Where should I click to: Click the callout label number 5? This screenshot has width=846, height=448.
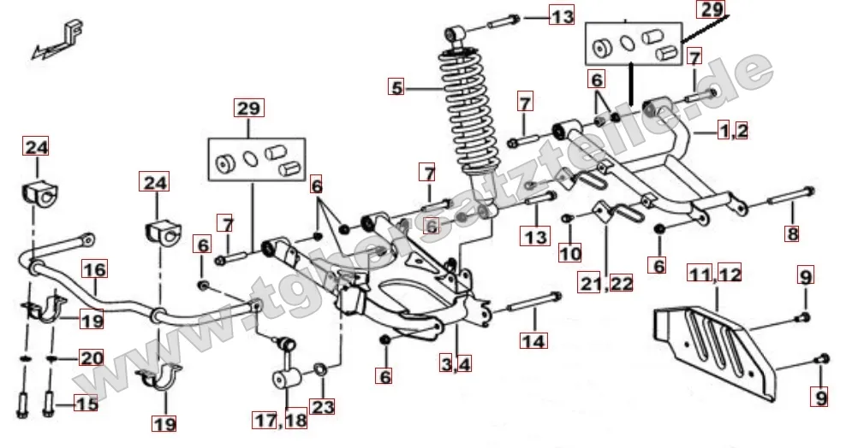coord(395,86)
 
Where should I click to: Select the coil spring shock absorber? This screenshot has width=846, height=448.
coord(464,120)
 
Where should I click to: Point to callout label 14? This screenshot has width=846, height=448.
coord(533,340)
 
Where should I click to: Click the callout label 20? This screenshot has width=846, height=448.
coord(91,358)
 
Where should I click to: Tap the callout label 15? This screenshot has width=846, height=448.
coord(86,404)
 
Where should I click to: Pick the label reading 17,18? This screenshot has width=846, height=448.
coord(278,420)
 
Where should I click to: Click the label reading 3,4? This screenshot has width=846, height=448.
coord(456,364)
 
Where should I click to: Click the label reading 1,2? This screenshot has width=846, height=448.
coord(733,131)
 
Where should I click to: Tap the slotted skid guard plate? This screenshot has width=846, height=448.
coord(715,342)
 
